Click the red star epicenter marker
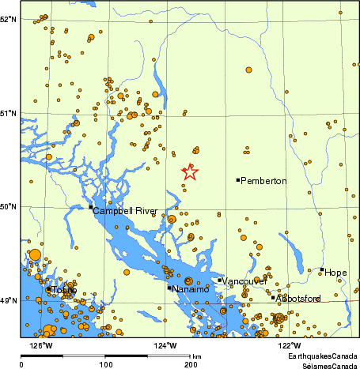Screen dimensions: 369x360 coord(190,171)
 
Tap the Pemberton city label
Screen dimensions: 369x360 coord(263,181)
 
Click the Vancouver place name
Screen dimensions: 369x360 coord(244,281)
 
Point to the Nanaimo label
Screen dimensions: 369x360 coord(191,289)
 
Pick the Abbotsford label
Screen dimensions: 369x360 coord(299,299)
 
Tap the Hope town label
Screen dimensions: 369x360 coord(335,273)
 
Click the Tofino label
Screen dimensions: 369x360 coord(63,291)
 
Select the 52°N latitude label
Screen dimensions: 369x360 coord(9,18)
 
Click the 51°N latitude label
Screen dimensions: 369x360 coord(9,113)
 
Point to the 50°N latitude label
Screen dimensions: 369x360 coord(9,207)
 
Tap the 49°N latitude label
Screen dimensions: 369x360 coord(9,300)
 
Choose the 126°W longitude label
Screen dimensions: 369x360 coord(41,345)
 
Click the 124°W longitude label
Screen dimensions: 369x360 coord(165,345)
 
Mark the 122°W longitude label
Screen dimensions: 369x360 coord(289,345)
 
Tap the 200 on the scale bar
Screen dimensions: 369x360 coord(191,364)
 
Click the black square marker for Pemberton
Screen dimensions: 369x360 coord(237,180)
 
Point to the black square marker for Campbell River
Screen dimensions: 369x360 coord(90,207)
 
